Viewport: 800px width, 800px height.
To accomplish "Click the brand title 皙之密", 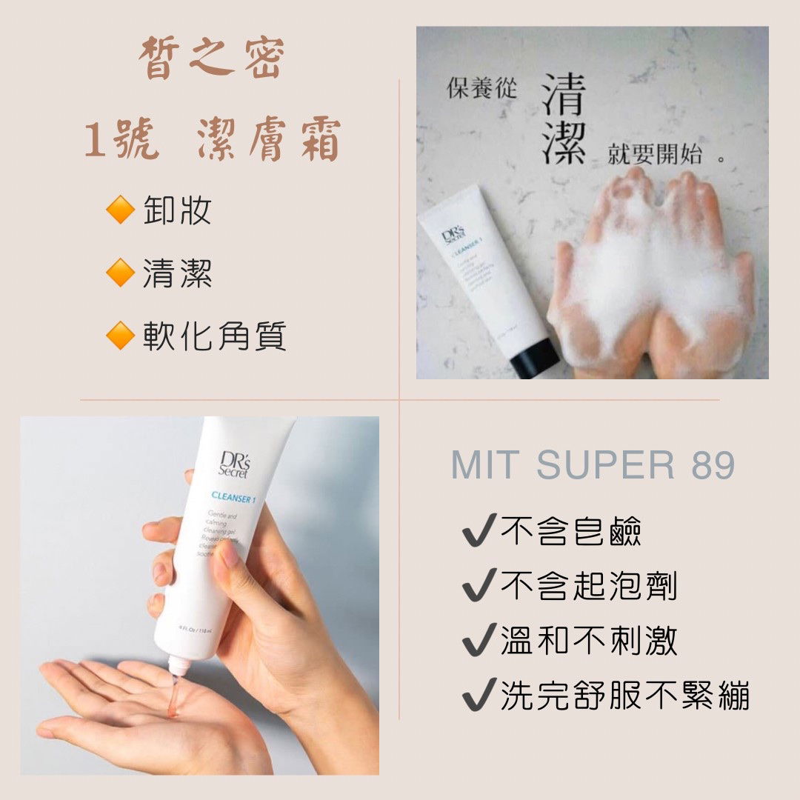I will click(x=211, y=60).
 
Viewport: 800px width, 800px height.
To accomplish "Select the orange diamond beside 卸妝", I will click(x=119, y=211).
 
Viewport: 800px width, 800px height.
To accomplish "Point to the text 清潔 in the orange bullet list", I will click(x=178, y=274).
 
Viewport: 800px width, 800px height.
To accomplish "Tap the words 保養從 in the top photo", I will click(x=481, y=88).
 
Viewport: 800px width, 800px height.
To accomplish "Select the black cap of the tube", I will click(x=535, y=357).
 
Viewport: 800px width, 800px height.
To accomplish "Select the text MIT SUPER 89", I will click(x=593, y=464).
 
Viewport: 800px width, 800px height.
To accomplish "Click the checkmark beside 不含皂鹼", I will click(x=478, y=532).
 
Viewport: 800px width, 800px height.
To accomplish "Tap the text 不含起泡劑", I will click(x=588, y=587).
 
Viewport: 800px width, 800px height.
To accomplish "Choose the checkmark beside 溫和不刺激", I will click(x=478, y=641).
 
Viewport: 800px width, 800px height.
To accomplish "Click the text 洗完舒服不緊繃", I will click(x=624, y=696).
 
